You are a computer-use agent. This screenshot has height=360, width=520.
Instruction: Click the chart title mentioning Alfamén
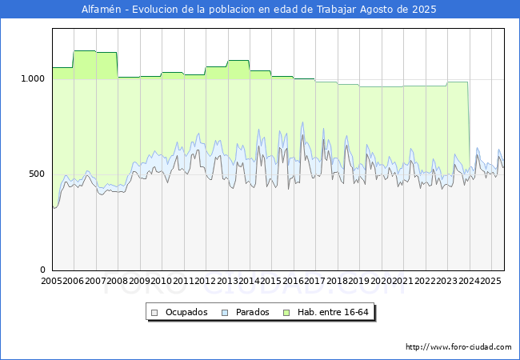pos(260,10)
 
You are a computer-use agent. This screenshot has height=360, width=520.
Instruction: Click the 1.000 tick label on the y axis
pos(33,78)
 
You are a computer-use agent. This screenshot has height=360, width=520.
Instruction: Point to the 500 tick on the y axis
pos(38,174)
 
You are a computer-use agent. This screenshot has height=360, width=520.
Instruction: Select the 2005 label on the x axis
pos(52,281)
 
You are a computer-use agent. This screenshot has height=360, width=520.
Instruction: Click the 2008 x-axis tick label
pos(118,281)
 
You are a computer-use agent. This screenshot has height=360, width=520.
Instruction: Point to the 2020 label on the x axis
pos(381,281)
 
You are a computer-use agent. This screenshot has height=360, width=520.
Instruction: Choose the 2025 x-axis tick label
pos(490,281)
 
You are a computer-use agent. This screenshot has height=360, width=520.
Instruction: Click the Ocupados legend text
pos(186,312)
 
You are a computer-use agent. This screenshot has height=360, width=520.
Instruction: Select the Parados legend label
pos(252,312)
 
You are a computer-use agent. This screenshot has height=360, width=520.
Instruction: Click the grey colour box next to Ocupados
pos(156,312)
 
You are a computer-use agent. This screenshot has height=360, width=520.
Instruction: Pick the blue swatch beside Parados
pos(226,312)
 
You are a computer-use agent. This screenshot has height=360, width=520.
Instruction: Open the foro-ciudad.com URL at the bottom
pos(458,347)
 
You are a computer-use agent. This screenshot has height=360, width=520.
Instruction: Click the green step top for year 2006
pos(84,51)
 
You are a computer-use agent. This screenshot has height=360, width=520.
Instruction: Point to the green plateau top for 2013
pos(238,61)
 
